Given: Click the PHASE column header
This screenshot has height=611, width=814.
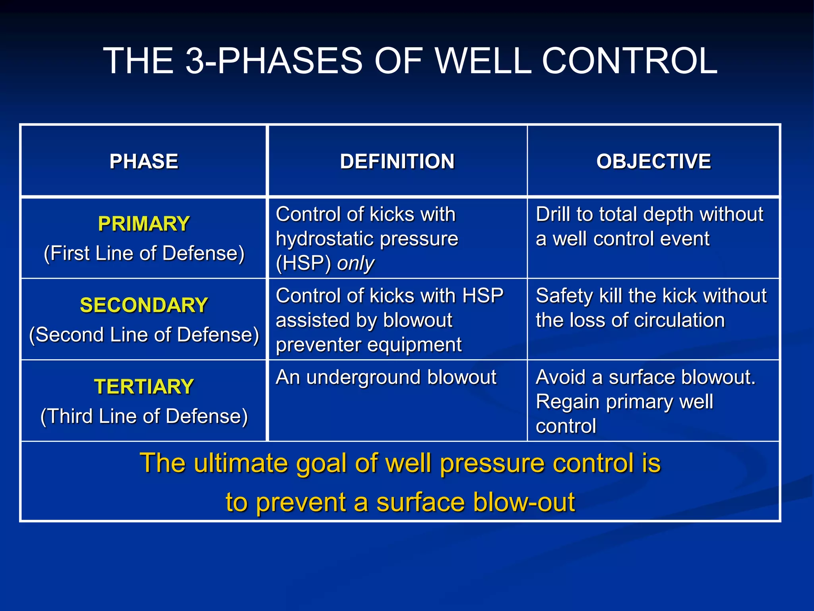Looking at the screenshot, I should click(x=144, y=162).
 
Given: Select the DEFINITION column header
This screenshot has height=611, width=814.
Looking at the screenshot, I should click(x=397, y=162).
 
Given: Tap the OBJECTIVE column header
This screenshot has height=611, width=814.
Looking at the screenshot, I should click(x=653, y=162).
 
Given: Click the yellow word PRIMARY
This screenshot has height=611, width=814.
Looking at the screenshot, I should click(x=144, y=224).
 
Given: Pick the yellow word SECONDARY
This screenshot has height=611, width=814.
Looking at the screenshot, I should click(x=144, y=305).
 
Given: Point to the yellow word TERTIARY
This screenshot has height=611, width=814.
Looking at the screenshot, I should click(x=144, y=387).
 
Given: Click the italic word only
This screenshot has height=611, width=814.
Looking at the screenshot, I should click(x=355, y=263).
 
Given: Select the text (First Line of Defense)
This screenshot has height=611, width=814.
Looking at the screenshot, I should click(x=144, y=253).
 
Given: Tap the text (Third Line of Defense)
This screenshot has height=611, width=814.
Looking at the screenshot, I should click(x=144, y=416).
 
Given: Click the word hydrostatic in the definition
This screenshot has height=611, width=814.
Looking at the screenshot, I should click(x=324, y=239).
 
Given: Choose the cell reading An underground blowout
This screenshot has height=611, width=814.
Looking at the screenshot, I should click(x=386, y=377).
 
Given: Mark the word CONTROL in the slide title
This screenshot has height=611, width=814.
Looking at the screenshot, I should click(x=630, y=61).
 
